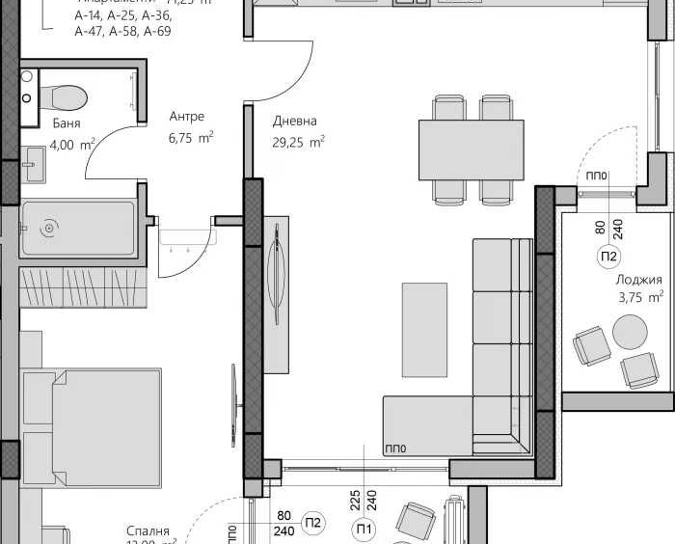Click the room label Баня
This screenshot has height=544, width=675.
[x=67, y=123]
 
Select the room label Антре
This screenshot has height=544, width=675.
[x=186, y=117]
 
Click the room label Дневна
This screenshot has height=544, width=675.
[x=295, y=122]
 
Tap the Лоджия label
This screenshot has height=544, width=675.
[x=639, y=280]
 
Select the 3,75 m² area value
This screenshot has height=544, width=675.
[x=640, y=298]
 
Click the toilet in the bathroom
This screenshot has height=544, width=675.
[x=63, y=96]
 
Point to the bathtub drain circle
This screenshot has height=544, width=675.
[x=49, y=229]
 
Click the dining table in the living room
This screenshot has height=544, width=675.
[x=471, y=150]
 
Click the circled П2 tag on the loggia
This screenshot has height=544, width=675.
[x=609, y=257]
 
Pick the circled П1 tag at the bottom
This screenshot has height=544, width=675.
[x=364, y=527]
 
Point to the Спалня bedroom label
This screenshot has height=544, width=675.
[x=148, y=531]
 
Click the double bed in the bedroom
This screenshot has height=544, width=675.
[x=92, y=424]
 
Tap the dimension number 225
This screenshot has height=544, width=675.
[x=355, y=500]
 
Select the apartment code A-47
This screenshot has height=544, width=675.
[x=91, y=32]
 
